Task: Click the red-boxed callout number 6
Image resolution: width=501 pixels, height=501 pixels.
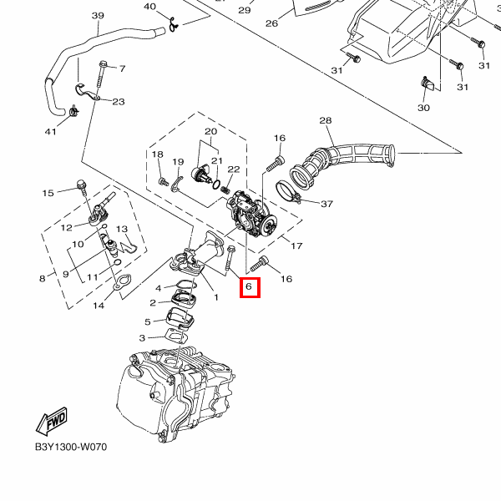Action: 249,288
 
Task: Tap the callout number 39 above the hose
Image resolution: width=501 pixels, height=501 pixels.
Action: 97,16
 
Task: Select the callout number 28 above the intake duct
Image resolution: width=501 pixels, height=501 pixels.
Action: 326,121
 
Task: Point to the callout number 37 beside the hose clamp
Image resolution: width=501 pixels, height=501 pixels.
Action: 326,204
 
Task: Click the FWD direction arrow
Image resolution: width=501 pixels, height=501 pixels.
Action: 51,422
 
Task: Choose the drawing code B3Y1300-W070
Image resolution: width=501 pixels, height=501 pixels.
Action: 71,447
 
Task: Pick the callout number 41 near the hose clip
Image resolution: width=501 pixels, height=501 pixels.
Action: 51,131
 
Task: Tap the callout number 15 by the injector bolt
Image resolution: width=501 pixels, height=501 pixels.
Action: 48,193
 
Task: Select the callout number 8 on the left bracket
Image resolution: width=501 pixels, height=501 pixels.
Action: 42,278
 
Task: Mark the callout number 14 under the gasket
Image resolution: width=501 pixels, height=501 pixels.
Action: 99,306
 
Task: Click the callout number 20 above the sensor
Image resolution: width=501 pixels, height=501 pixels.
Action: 210,132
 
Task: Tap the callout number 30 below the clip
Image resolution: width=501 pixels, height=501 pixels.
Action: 423,109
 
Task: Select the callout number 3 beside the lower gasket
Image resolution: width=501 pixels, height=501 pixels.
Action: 142,337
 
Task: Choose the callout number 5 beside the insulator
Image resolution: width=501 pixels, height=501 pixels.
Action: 148,321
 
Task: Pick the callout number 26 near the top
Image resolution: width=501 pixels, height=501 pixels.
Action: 271,23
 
